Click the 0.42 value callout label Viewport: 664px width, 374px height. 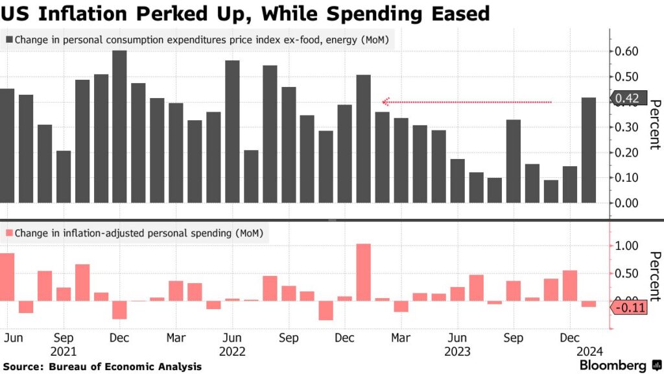[626, 99]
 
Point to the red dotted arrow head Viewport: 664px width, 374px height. [385, 102]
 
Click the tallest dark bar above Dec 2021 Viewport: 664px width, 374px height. [119, 127]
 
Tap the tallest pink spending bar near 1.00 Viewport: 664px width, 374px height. [364, 272]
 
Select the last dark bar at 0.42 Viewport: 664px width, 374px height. [589, 150]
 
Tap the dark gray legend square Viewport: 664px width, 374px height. [9, 40]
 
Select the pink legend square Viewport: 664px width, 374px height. [9, 232]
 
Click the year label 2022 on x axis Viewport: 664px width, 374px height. [233, 351]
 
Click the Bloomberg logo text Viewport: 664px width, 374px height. [611, 366]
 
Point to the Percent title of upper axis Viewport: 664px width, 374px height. [654, 127]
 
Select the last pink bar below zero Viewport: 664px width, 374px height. [589, 304]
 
